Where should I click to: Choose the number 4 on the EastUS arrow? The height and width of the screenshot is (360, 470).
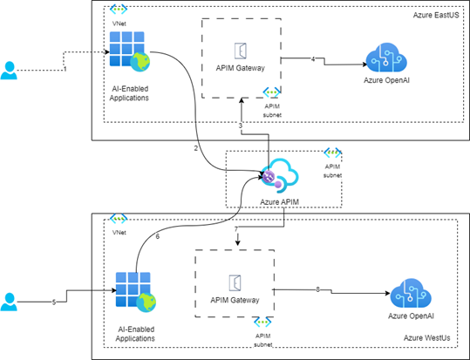pyautogui.click(x=313, y=58)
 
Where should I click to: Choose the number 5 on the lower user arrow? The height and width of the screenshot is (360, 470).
pyautogui.click(x=53, y=302)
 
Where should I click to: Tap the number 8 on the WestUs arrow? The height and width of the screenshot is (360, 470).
pyautogui.click(x=317, y=289)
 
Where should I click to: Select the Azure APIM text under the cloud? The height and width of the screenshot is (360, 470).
pyautogui.click(x=281, y=200)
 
